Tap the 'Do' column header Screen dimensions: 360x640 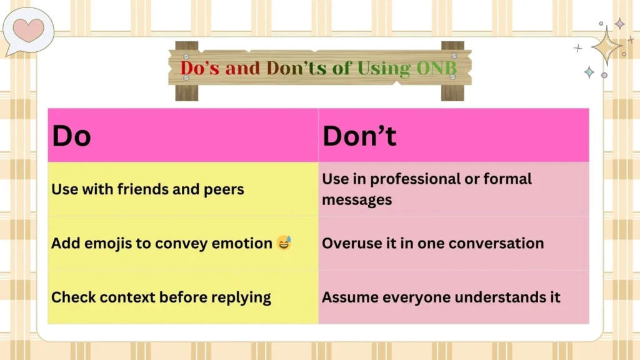pyautogui.click(x=71, y=136)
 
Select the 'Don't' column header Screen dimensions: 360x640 pyautogui.click(x=359, y=136)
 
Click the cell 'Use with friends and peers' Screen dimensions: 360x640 pyautogui.click(x=147, y=189)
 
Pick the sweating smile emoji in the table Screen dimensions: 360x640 pyautogui.click(x=284, y=243)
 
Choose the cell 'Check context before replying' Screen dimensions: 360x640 pyautogui.click(x=161, y=297)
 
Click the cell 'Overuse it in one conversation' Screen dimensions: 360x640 pyautogui.click(x=432, y=243)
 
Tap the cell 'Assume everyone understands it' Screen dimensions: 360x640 pyautogui.click(x=441, y=297)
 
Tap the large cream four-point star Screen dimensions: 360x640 pyautogui.click(x=606, y=46)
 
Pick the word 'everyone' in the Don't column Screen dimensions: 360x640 pyautogui.click(x=422, y=297)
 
